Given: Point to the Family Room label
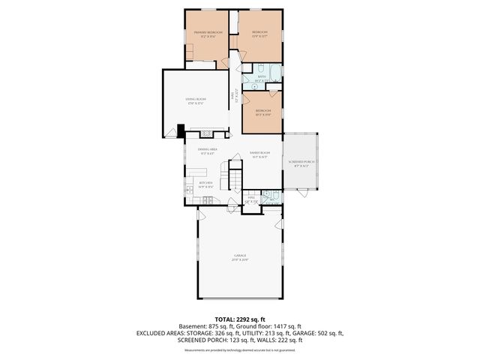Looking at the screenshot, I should tap(259, 154).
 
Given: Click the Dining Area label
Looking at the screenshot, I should tap(208, 151).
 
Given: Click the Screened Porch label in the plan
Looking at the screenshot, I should tap(301, 164).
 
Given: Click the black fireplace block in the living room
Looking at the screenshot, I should tap(181, 130).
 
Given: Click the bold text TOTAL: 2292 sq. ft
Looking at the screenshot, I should tap(240, 319).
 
